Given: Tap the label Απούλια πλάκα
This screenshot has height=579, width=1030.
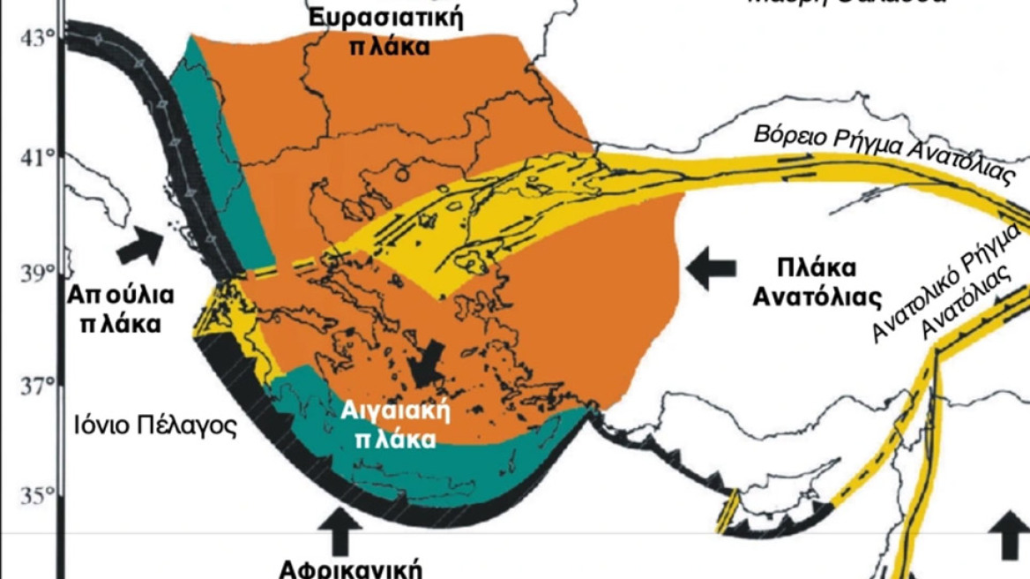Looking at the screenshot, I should click(x=120, y=308).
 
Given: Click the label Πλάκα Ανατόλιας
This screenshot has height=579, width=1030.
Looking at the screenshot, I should click(x=817, y=282).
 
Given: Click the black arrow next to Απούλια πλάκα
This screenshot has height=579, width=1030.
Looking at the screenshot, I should click(x=140, y=244).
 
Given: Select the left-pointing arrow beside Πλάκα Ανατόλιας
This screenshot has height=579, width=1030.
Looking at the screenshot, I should click(x=711, y=268).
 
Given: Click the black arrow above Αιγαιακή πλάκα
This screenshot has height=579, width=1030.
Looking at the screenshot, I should click(x=430, y=362).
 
